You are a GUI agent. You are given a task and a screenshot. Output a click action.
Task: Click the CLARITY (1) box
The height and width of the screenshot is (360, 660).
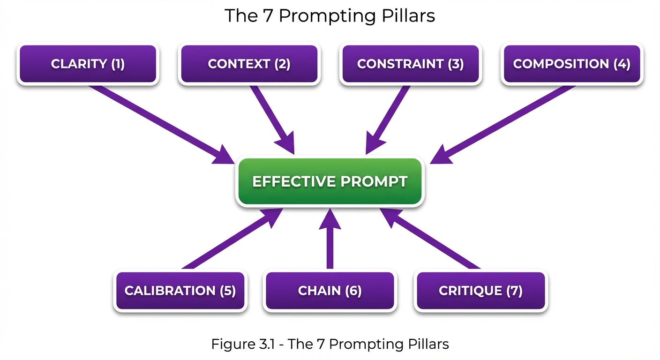[x=88, y=64]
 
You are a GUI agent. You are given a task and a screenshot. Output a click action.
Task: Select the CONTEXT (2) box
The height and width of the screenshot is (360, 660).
[x=249, y=64]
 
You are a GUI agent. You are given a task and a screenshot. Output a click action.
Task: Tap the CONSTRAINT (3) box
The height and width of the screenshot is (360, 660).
[x=411, y=64]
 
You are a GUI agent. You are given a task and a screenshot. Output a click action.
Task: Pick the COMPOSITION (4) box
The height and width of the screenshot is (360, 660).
[x=572, y=64]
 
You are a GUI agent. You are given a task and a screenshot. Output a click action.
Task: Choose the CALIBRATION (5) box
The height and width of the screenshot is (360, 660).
[x=180, y=291]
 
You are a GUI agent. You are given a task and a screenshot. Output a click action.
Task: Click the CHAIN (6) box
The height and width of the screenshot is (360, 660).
[x=330, y=291]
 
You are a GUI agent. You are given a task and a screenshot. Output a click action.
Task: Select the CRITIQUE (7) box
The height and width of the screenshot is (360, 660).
[x=481, y=291]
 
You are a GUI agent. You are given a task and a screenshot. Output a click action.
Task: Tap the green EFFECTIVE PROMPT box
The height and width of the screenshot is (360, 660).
[x=330, y=182]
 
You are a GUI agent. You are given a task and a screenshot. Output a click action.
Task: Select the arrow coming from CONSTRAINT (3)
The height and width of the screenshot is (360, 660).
[x=387, y=117]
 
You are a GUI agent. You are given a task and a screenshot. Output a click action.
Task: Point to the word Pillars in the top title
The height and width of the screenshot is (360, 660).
[x=408, y=15]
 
